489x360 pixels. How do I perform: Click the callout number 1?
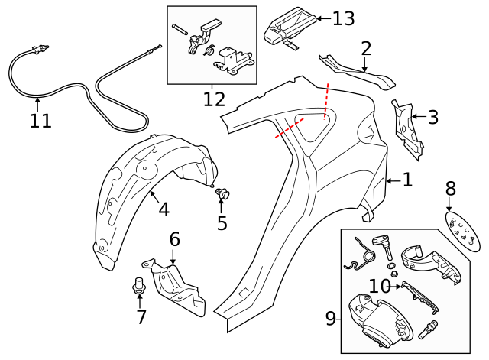pyautogui.click(x=407, y=180)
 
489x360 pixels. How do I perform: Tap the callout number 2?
pyautogui.click(x=366, y=49)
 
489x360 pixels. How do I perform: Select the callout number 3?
pyautogui.click(x=432, y=117)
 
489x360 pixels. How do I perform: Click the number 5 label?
pyautogui.click(x=222, y=223)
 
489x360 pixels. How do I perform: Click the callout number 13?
pyautogui.click(x=343, y=18)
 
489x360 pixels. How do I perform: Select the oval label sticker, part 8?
pyautogui.click(x=465, y=231)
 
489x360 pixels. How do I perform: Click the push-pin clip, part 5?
pyautogui.click(x=223, y=194)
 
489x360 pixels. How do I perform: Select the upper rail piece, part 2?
pyautogui.click(x=356, y=70)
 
